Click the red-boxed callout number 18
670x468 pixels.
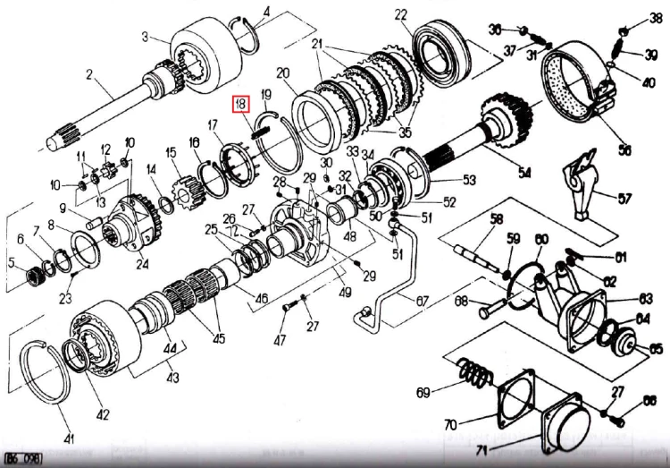point(241,106)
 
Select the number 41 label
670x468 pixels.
point(69,438)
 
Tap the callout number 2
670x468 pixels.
point(88,73)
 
